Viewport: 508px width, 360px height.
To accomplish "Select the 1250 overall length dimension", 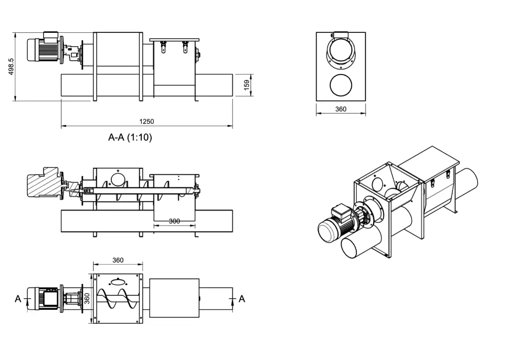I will pos(147,122).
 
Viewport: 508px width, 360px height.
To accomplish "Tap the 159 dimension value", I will pos(247,85).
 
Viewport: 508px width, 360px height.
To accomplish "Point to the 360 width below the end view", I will pos(341,109).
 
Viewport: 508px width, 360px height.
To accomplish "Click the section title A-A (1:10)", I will pos(130,138).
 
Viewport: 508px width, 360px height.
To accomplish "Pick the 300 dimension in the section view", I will pos(174,221).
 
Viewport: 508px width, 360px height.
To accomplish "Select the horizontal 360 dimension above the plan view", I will pos(118,260).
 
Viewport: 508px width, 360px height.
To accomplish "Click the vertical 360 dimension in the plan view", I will pos(87,298).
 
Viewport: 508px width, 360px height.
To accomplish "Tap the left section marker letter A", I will pos(18,299).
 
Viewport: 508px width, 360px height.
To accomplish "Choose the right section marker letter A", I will pos(242,299).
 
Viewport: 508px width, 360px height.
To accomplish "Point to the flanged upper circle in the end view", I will pos(341,53).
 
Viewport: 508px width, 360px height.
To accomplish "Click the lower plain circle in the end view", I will pos(341,84).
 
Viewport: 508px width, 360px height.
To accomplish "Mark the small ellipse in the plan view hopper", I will pos(118,282).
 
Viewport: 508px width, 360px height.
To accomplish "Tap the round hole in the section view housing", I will pos(118,179).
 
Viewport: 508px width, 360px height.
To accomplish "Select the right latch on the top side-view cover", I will pos(185,47).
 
